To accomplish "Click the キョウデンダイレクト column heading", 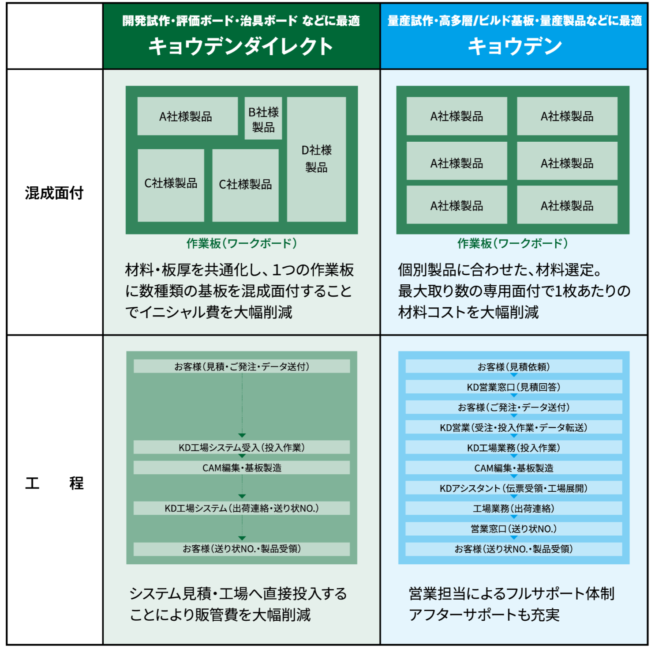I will tap(241, 46).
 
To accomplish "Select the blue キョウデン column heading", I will tap(514, 46).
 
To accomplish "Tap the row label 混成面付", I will tap(54, 193).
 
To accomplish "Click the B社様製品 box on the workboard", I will tap(263, 119).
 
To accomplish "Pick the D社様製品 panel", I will tap(316, 159).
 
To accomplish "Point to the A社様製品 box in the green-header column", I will tap(187, 117).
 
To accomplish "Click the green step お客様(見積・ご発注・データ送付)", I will tap(242, 366).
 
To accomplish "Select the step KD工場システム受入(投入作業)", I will tap(242, 447).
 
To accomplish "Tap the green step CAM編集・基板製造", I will tap(242, 468).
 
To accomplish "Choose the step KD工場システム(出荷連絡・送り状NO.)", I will tap(242, 508).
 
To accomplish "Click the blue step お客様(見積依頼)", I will tap(514, 366).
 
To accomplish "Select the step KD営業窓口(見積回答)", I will tap(514, 387).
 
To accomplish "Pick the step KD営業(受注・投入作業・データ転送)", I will tap(514, 427).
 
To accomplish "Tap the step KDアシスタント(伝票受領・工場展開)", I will tap(514, 488).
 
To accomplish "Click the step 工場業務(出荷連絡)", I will tap(514, 508).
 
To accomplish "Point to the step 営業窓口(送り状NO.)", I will tap(514, 528).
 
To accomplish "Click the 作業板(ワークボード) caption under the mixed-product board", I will tap(242, 243).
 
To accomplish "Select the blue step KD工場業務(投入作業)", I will tap(514, 448).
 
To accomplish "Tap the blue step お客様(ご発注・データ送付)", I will tap(514, 407).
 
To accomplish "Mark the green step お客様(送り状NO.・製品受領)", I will tap(242, 549).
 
